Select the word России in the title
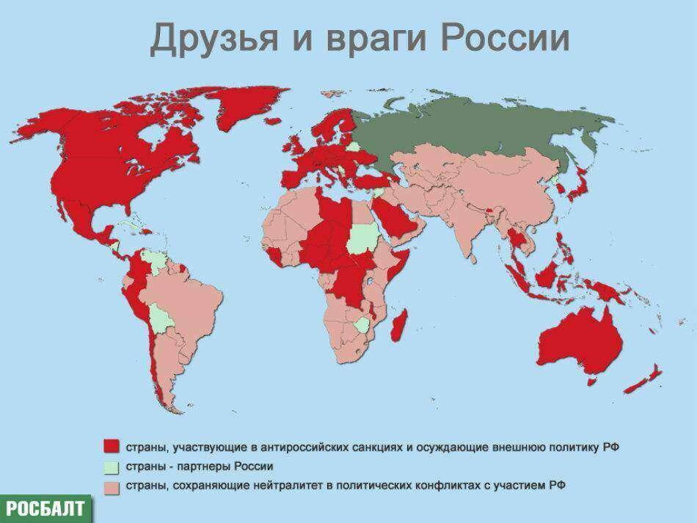tap(498, 39)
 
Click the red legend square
tap(111, 445)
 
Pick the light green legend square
tap(111, 467)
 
